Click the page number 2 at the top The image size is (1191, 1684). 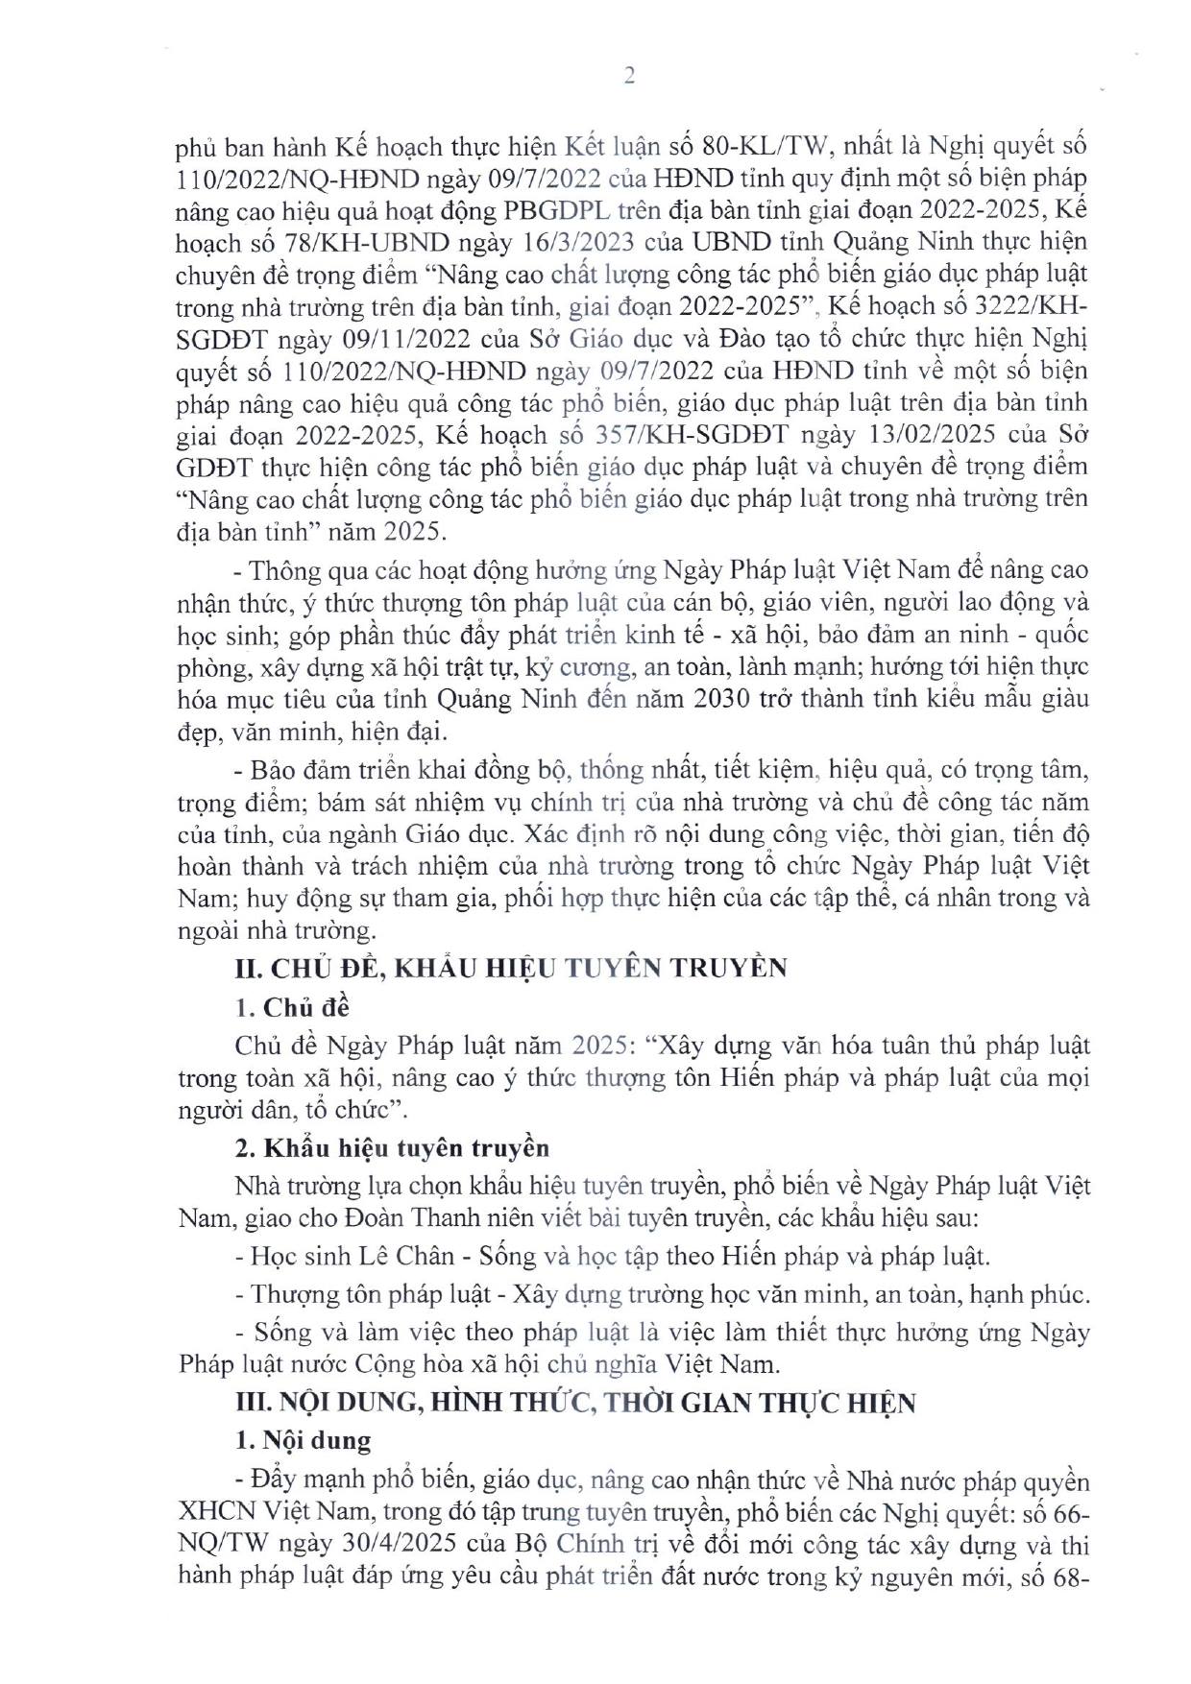pyautogui.click(x=629, y=77)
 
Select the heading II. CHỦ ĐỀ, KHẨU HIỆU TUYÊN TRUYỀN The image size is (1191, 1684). pyautogui.click(x=511, y=967)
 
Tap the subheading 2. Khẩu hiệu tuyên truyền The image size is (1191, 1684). pyautogui.click(x=393, y=1147)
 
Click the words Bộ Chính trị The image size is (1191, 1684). pyautogui.click(x=585, y=1546)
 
